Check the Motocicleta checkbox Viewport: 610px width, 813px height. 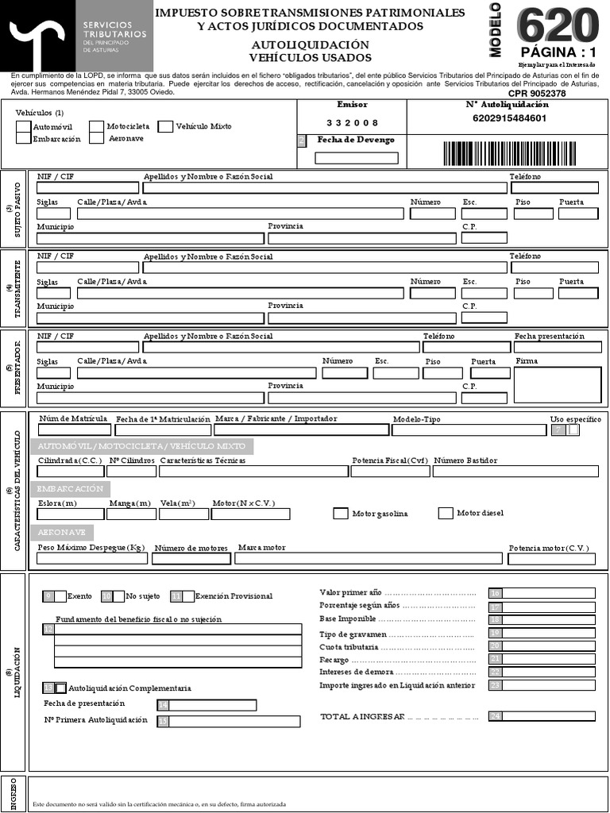(97, 126)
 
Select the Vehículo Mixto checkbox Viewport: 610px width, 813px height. (165, 126)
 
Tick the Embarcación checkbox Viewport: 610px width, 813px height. (24, 138)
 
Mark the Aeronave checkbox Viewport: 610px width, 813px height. (97, 138)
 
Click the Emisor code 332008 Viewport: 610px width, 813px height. (352, 122)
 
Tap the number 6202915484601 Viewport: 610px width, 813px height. (509, 118)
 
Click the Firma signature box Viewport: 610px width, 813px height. (557, 385)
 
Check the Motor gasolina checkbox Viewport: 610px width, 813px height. (340, 514)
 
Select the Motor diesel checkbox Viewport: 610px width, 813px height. (446, 513)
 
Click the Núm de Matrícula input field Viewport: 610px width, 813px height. (71, 430)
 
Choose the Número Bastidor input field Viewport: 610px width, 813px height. (515, 471)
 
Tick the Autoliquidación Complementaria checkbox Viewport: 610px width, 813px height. (61, 688)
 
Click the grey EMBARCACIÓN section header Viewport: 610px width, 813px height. (71, 489)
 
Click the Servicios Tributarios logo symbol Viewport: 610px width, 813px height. (37, 36)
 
